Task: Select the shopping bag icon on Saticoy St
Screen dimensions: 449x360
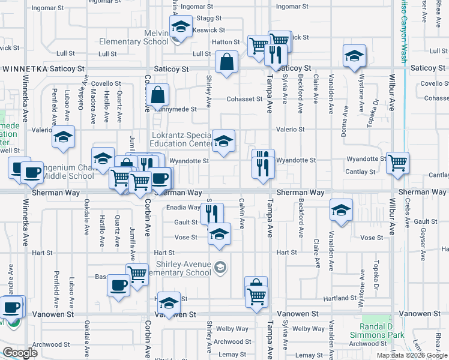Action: coord(227,62)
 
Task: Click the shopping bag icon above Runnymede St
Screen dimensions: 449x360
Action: coord(157,95)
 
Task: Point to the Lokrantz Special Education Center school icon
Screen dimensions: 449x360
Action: coord(223,142)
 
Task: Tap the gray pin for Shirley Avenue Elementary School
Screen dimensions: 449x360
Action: coord(220,267)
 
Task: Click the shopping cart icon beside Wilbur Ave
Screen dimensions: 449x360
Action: coord(397,162)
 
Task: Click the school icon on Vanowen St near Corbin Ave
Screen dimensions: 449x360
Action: coord(169,303)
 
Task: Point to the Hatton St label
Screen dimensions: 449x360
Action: coord(226,42)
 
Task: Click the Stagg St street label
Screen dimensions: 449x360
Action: coord(205,19)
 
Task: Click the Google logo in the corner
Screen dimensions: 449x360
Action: coord(20,352)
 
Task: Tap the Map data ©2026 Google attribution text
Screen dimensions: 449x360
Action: coord(412,355)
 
